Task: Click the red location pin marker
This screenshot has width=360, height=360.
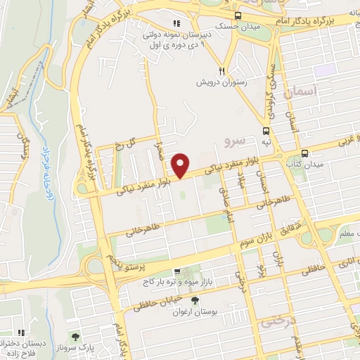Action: (181, 165)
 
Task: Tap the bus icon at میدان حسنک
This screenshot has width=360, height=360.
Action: (238, 15)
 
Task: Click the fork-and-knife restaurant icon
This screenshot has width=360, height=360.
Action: (221, 70)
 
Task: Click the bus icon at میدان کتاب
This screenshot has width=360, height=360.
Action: (304, 153)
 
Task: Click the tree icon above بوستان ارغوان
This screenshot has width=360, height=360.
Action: (195, 300)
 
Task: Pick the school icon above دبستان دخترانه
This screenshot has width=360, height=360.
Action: (21, 332)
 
